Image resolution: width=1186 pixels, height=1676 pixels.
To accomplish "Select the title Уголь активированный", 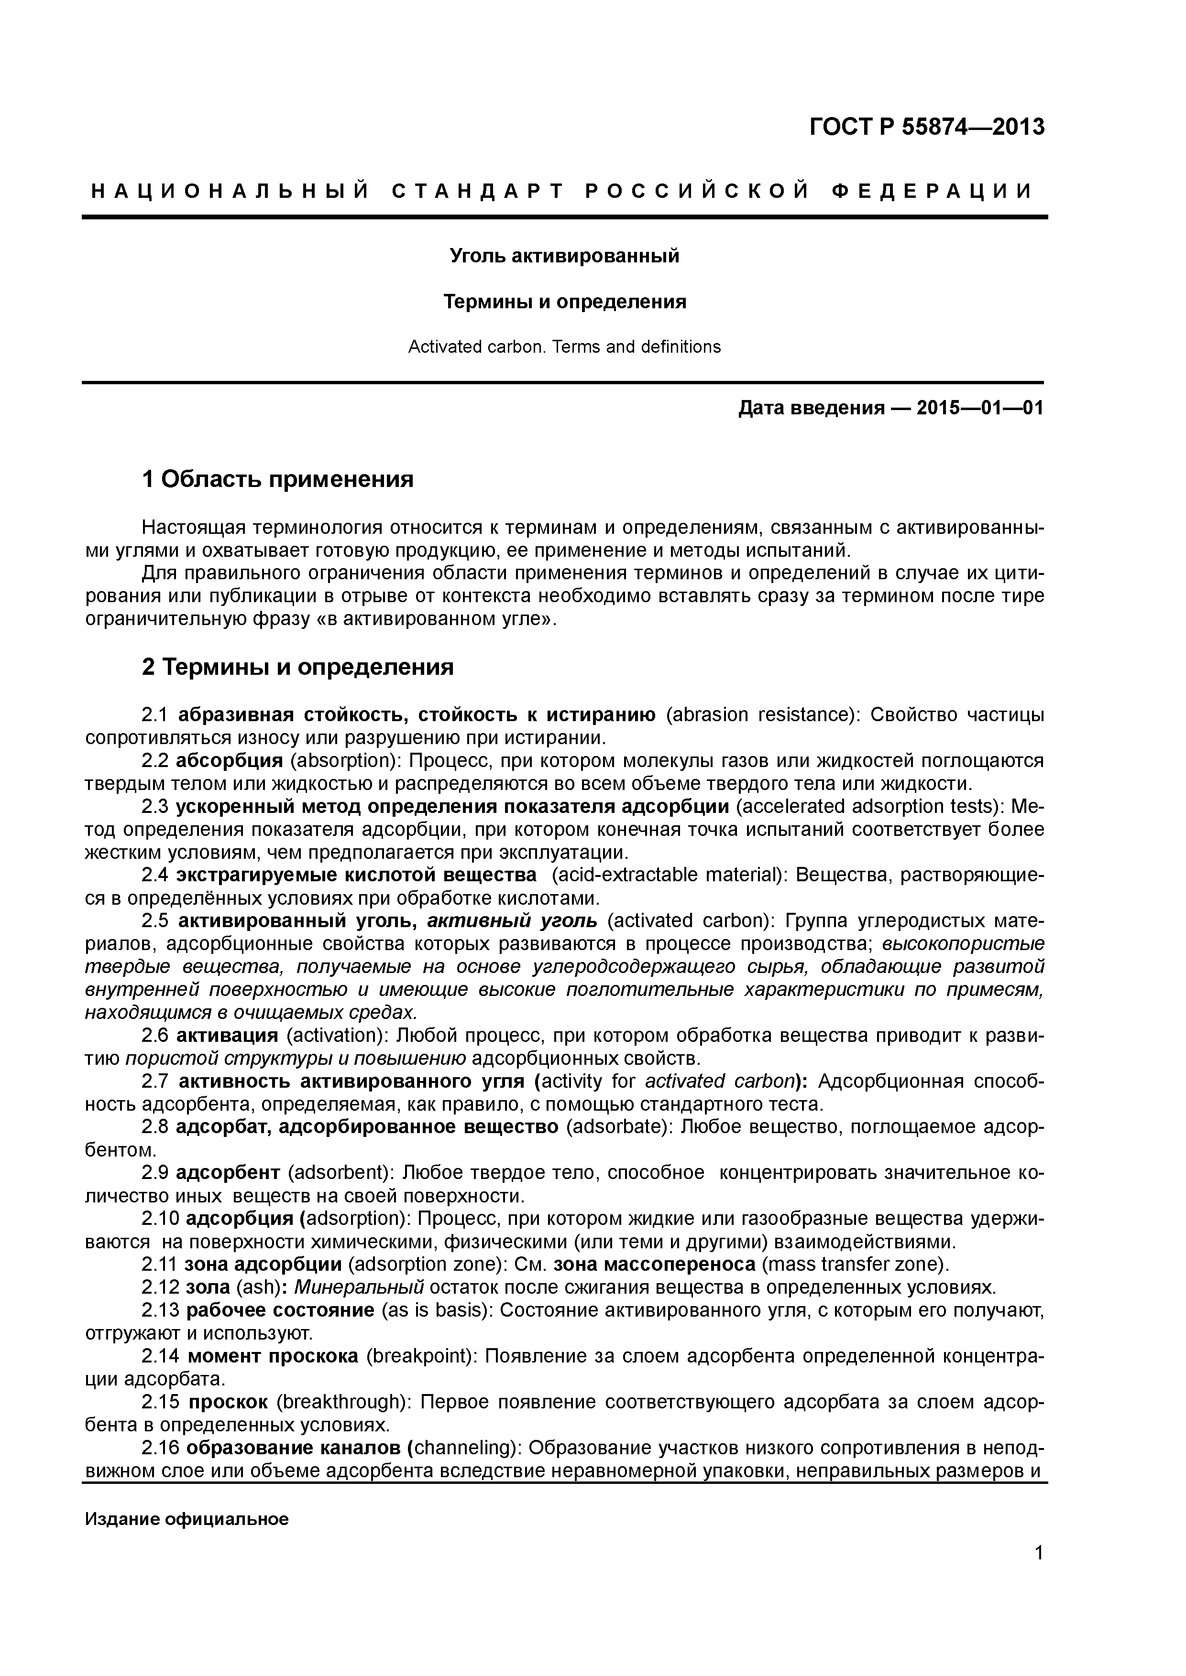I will (x=564, y=256).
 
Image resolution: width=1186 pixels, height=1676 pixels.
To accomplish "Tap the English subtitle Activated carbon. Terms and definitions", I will (x=564, y=347).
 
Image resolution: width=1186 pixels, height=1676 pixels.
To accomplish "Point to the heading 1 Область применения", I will (x=277, y=480).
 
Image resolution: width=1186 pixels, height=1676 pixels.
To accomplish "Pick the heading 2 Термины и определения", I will (x=297, y=667).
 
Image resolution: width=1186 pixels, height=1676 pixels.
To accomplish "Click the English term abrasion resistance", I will (x=759, y=714).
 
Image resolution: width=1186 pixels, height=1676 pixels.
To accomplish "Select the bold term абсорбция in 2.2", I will (x=230, y=761).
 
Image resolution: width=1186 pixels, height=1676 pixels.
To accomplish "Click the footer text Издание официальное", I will (x=187, y=1520).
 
